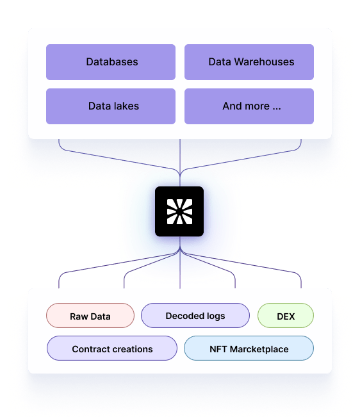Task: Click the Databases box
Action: (x=111, y=62)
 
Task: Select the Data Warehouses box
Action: (x=249, y=62)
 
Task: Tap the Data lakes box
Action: (x=111, y=106)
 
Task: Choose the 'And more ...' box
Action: (x=249, y=106)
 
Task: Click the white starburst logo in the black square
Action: (x=179, y=211)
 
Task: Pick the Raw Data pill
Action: (x=90, y=316)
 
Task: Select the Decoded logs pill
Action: (x=195, y=316)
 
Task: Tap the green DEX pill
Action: (x=286, y=316)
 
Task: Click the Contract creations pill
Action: (x=112, y=348)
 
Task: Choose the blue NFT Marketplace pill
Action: (x=249, y=348)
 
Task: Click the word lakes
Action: (x=126, y=106)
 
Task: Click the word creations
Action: (x=131, y=349)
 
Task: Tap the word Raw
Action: (x=79, y=316)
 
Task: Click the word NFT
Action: (x=218, y=349)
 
